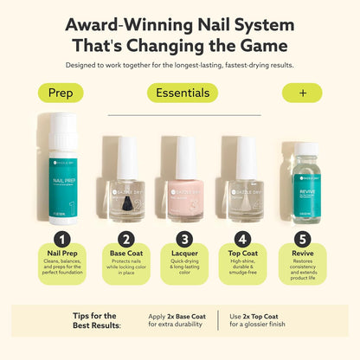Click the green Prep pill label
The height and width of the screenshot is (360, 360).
[x=61, y=93]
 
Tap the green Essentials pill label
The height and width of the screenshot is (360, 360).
[x=181, y=93]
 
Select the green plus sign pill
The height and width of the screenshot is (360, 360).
[x=301, y=93]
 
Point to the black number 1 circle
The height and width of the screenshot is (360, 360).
[x=61, y=239]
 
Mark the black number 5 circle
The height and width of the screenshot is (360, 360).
[x=301, y=239]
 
